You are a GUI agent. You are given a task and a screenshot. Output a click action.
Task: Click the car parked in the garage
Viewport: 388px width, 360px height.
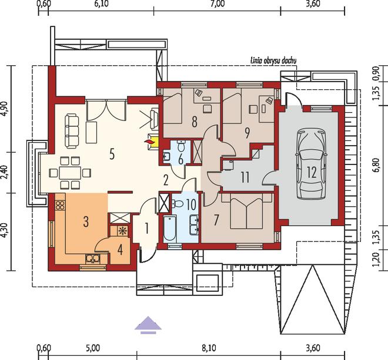click(312, 163)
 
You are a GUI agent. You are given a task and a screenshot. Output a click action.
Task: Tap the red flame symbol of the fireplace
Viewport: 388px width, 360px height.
click(149, 142)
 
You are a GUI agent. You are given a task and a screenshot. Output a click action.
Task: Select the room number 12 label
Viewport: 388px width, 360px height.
click(312, 172)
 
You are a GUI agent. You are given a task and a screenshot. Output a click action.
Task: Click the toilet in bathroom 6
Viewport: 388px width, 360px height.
click(182, 146)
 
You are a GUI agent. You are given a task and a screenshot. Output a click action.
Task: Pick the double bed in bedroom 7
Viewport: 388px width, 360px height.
click(246, 211)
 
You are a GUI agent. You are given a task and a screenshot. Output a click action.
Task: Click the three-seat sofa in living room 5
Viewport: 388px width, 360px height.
click(72, 131)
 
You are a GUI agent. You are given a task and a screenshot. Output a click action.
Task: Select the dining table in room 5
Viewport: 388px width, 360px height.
click(70, 173)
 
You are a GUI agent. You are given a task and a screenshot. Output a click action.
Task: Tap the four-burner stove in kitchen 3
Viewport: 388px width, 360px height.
click(60, 205)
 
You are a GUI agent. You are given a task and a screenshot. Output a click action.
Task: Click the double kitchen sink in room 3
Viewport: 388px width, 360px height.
click(92, 258)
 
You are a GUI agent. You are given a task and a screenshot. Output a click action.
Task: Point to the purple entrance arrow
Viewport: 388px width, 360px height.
click(148, 325)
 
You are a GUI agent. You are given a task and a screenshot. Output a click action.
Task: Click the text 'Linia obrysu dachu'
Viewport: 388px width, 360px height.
click(273, 60)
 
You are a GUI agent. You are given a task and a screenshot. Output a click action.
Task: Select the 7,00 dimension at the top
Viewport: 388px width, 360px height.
click(219, 4)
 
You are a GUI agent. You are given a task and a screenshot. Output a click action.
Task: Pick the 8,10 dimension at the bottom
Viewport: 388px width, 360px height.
click(209, 348)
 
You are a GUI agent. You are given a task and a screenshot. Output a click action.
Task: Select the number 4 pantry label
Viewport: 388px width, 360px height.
click(120, 250)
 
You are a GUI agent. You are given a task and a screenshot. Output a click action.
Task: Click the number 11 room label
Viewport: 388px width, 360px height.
click(245, 177)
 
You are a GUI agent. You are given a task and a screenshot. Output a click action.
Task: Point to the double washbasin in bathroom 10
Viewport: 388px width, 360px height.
click(194, 224)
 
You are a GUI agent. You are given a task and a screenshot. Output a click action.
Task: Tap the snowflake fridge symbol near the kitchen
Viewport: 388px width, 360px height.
click(122, 230)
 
